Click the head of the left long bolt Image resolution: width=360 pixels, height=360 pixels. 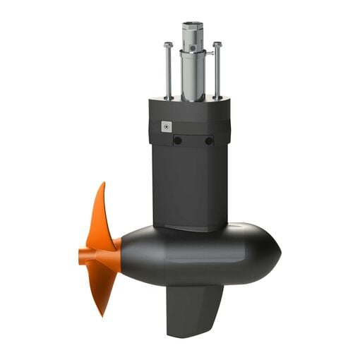[x=168, y=45]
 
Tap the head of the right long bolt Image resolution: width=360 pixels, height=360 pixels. [x=217, y=45]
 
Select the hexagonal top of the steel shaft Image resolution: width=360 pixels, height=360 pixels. [x=193, y=28]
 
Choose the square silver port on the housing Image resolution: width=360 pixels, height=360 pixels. [x=166, y=126]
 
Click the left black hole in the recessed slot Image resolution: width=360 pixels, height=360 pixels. [x=178, y=140]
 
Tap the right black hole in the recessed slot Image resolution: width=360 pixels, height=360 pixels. [x=209, y=140]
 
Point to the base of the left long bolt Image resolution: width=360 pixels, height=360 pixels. [x=169, y=97]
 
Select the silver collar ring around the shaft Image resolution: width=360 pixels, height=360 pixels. [x=193, y=52]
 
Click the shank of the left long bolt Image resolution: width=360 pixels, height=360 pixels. [x=169, y=71]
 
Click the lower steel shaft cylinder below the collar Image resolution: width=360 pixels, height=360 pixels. [x=193, y=78]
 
